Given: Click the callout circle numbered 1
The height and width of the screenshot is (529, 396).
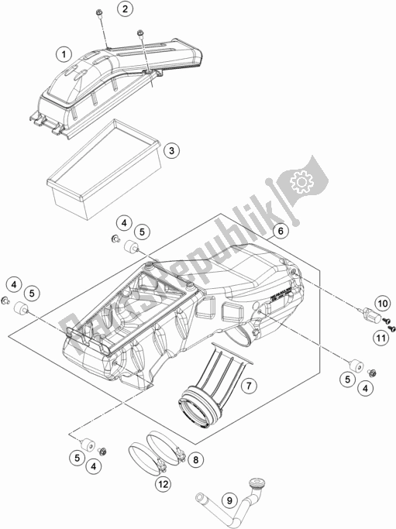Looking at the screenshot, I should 66,53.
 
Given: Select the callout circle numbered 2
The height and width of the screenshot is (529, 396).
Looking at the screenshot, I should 126,9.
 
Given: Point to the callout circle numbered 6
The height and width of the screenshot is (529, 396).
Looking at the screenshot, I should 281,230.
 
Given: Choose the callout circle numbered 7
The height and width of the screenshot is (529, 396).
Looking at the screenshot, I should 249,385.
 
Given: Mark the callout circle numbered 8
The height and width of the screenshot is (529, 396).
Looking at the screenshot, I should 196,459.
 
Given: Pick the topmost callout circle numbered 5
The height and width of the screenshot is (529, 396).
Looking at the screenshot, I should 141,231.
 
